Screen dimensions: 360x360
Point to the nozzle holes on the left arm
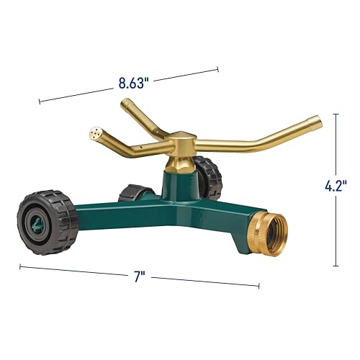coord(96,134)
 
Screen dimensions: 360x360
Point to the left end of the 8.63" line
coord(39,101)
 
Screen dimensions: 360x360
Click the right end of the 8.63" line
coord(218,70)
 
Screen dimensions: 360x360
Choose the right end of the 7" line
coord(258,286)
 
